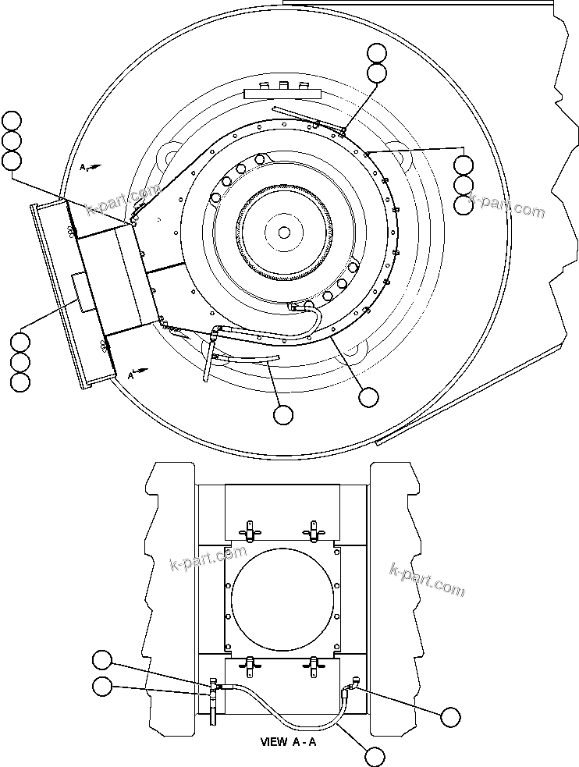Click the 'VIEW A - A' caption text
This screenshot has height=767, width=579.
click(x=288, y=741)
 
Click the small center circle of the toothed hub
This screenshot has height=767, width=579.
click(x=284, y=232)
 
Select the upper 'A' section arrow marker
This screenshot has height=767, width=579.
click(x=87, y=167)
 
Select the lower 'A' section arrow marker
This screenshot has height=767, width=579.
click(x=135, y=374)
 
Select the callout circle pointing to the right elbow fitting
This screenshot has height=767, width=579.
click(x=450, y=716)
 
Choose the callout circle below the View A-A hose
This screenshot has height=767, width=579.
click(x=375, y=755)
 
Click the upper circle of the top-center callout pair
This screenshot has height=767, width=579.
click(x=377, y=53)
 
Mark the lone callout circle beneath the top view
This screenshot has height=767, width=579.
click(x=283, y=414)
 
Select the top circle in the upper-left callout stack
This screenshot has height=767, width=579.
click(x=12, y=120)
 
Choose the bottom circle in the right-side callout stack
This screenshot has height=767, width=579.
click(x=463, y=205)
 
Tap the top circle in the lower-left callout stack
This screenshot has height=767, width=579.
click(x=20, y=342)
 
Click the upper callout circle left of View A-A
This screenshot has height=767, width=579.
click(x=102, y=660)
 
